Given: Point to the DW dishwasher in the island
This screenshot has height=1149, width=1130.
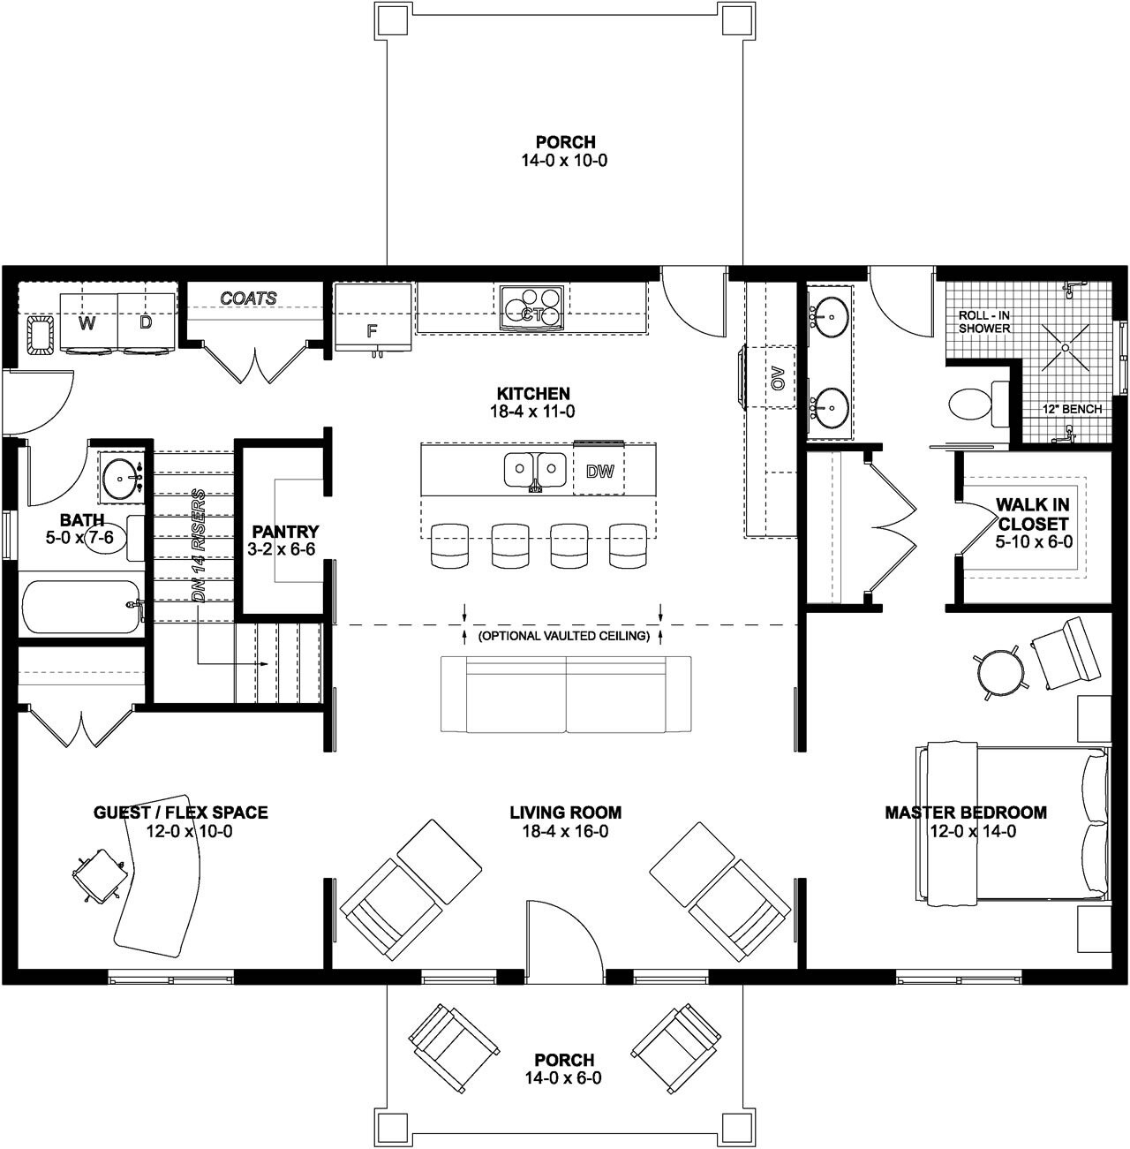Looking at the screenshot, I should [x=599, y=471].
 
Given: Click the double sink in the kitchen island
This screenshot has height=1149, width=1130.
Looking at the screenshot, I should [x=535, y=470].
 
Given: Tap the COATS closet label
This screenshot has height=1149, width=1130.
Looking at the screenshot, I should [x=248, y=299].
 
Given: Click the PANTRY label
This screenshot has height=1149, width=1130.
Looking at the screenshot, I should [x=284, y=532].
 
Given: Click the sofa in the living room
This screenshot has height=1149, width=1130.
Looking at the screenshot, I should [x=566, y=694].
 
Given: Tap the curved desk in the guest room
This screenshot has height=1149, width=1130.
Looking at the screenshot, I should [x=159, y=892].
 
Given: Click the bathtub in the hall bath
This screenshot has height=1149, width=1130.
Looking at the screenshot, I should [x=80, y=607].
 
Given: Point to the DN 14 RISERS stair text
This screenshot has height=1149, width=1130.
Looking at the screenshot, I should [x=200, y=545].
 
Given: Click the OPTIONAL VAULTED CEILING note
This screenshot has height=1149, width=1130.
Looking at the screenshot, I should [x=563, y=636].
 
